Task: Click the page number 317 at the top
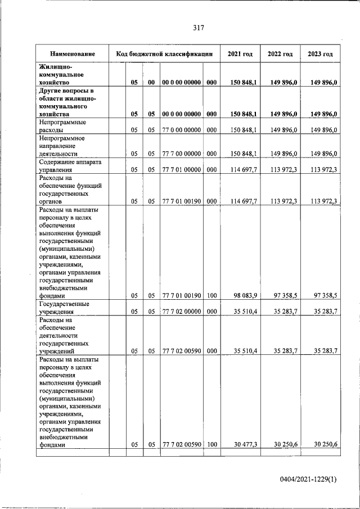(x=197, y=28)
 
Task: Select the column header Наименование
(x=72, y=54)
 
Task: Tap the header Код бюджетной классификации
(x=164, y=54)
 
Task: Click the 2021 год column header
(x=240, y=54)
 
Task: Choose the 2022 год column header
(x=280, y=54)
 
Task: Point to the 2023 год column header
(x=320, y=54)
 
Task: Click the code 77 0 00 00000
(x=181, y=130)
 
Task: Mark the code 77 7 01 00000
(x=181, y=169)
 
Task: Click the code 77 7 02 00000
(x=181, y=310)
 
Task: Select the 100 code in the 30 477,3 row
(x=211, y=444)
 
